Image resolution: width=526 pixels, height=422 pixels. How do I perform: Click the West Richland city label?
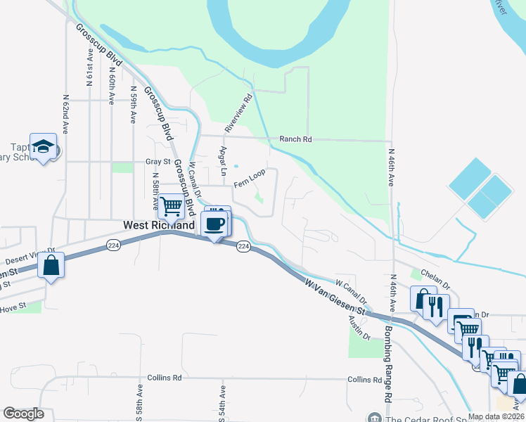[x=159, y=226]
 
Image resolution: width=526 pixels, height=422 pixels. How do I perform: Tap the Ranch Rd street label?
[x=295, y=139]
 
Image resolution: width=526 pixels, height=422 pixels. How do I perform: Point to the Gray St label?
[x=158, y=162]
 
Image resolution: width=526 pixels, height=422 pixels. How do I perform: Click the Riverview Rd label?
[x=238, y=115]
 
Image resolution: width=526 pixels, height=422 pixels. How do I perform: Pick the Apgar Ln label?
[x=224, y=161]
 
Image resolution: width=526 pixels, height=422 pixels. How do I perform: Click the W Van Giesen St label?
[x=336, y=296]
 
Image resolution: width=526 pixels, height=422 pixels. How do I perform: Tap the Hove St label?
[x=13, y=307]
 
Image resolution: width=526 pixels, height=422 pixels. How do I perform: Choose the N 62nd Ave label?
[x=66, y=115]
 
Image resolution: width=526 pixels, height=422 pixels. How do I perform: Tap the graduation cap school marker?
[x=43, y=146]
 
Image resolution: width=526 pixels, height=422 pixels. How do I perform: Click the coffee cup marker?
[x=214, y=224]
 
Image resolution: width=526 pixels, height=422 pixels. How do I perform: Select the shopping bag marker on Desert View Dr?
[x=51, y=265]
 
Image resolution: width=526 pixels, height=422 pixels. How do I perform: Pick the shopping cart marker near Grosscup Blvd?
[x=171, y=207]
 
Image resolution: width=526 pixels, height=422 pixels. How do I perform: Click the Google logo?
[x=23, y=414]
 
